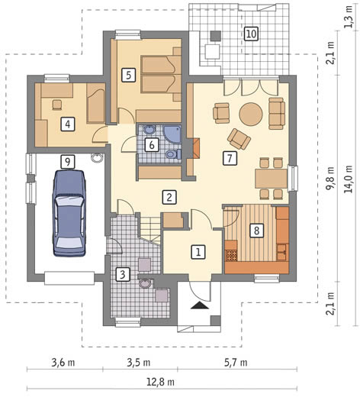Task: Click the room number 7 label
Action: pyautogui.click(x=230, y=159)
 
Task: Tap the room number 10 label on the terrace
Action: pyautogui.click(x=251, y=34)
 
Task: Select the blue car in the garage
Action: pyautogui.click(x=69, y=213)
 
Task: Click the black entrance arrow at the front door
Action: pyautogui.click(x=200, y=305)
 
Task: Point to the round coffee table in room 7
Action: pyautogui.click(x=251, y=114)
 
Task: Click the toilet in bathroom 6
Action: pyautogui.click(x=173, y=154)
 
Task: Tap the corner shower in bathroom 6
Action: pyautogui.click(x=172, y=134)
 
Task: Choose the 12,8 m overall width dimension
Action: pyautogui.click(x=160, y=382)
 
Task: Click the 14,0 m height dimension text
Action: pyautogui.click(x=348, y=179)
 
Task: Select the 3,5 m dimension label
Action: pyautogui.click(x=138, y=362)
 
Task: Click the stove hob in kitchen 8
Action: pyautogui.click(x=231, y=256)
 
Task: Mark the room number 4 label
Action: pyautogui.click(x=68, y=124)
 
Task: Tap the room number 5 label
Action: pyautogui.click(x=128, y=75)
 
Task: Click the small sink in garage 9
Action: pyautogui.click(x=96, y=158)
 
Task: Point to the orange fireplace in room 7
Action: pyautogui.click(x=196, y=148)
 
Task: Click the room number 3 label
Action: pyautogui.click(x=123, y=275)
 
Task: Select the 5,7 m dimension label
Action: pyautogui.click(x=236, y=362)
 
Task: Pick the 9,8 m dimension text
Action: pyautogui.click(x=330, y=179)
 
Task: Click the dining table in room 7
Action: pyautogui.click(x=272, y=179)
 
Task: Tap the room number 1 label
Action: pyautogui.click(x=198, y=252)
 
